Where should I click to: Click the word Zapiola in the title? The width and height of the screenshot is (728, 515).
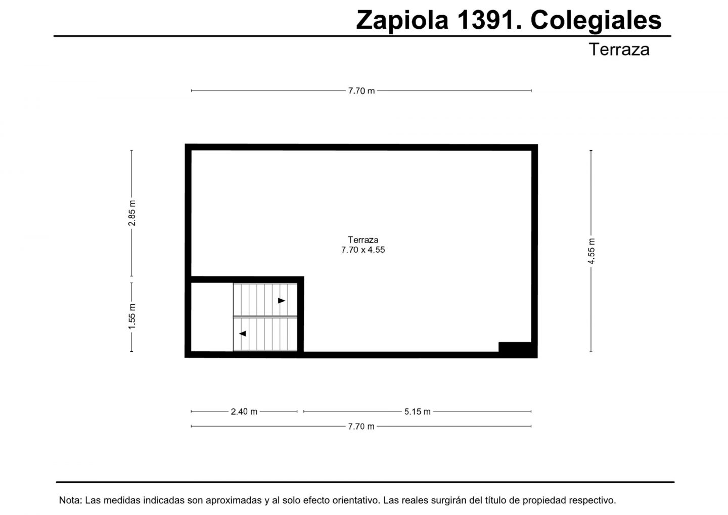(x=402, y=21)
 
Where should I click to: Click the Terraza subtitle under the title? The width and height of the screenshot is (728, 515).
(x=619, y=50)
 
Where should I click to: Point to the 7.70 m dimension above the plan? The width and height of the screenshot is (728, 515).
(x=361, y=91)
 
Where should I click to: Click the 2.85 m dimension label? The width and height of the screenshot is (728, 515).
(x=132, y=213)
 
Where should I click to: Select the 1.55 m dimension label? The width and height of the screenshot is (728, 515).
(x=132, y=316)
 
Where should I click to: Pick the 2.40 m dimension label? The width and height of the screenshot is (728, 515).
(x=244, y=412)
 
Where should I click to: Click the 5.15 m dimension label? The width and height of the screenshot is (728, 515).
(x=417, y=412)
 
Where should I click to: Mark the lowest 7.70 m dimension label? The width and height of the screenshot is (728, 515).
(x=361, y=426)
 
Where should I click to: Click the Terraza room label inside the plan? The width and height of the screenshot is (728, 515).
(x=363, y=240)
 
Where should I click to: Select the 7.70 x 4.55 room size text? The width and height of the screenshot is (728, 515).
(x=363, y=250)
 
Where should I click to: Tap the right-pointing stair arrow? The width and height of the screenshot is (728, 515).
(x=282, y=301)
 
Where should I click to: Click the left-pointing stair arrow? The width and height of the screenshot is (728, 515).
(x=243, y=334)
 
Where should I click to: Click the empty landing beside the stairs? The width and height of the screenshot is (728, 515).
(x=212, y=317)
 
